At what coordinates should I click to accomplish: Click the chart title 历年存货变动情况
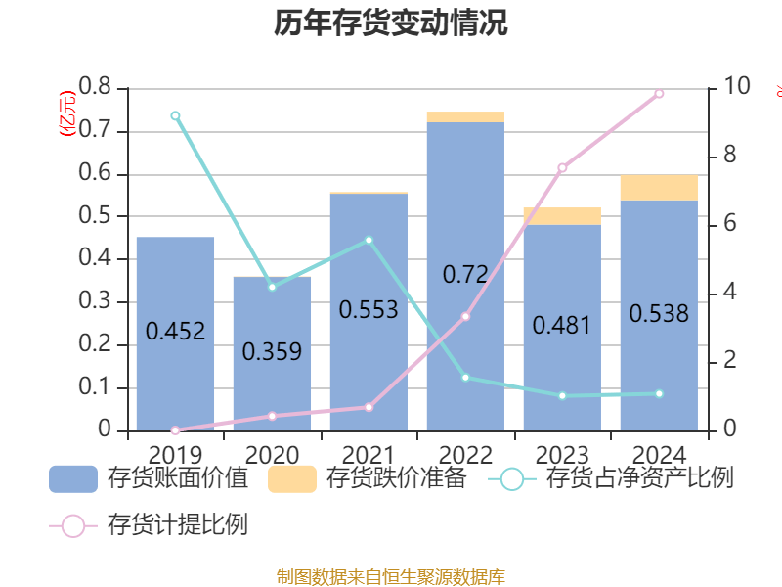coord(391,23)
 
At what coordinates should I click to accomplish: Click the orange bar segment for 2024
coord(659,188)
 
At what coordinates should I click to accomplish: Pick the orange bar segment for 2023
coord(562,216)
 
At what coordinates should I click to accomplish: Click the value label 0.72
coord(465,275)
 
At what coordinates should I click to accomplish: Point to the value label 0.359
coord(272,351)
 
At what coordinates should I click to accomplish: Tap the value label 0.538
coord(659,314)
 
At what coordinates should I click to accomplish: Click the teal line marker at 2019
coord(175,115)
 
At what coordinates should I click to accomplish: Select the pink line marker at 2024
coord(659,94)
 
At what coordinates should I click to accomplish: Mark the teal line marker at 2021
coord(369,240)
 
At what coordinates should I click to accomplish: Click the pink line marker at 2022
coord(465,316)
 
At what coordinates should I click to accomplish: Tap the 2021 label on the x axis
coord(369,454)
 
